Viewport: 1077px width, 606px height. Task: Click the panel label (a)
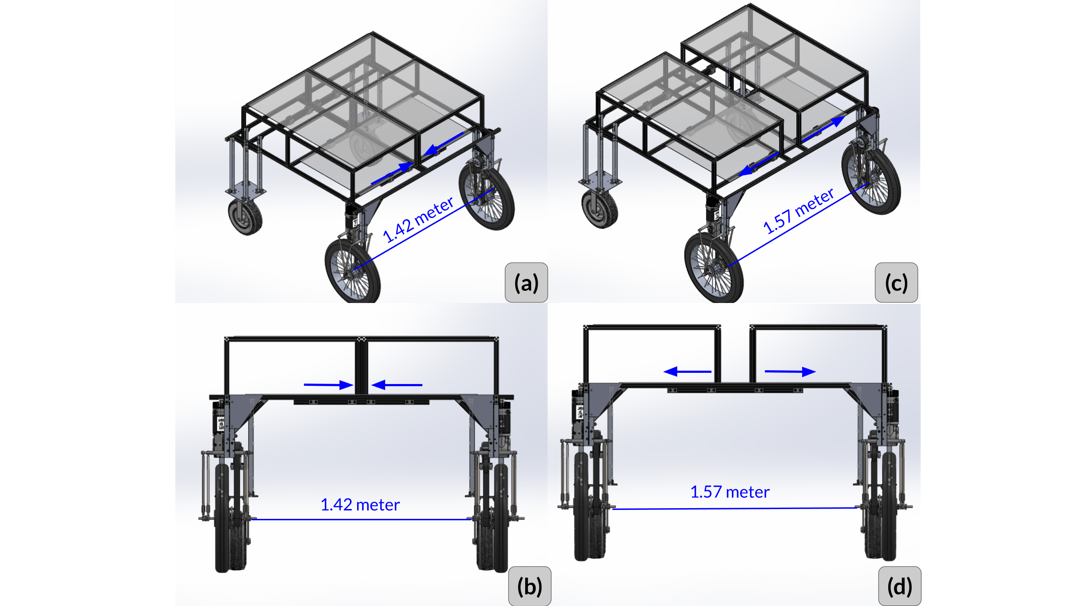[x=526, y=283]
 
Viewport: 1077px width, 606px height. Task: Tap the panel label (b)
[x=529, y=587]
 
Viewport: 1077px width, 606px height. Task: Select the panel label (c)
[x=896, y=283]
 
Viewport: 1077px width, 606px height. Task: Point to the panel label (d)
[x=900, y=587]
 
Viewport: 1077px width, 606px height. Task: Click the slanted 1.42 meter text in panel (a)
[x=418, y=220]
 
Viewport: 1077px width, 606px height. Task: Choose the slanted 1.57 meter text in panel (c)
[x=798, y=211]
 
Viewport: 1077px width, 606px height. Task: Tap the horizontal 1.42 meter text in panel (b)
[x=360, y=505]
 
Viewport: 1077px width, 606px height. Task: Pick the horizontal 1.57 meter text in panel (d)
[x=730, y=492]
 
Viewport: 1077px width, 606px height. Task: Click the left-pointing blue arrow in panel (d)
[x=687, y=372]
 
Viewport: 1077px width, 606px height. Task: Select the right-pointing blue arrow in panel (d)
[x=790, y=372]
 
